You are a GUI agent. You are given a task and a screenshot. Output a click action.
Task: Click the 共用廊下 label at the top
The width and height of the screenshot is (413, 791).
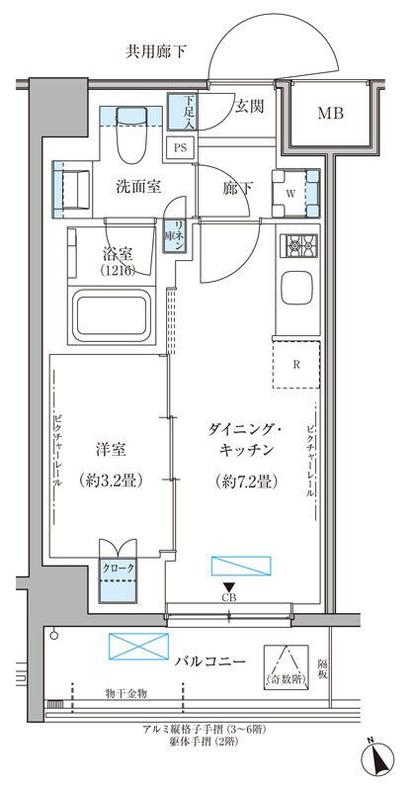pyautogui.click(x=157, y=50)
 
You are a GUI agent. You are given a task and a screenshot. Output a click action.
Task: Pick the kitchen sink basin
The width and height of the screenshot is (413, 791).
pyautogui.click(x=298, y=289)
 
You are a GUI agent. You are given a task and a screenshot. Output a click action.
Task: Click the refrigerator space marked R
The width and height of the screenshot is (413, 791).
pyautogui.click(x=296, y=361)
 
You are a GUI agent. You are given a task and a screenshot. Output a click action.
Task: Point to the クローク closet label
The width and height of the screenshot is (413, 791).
pyautogui.click(x=117, y=570)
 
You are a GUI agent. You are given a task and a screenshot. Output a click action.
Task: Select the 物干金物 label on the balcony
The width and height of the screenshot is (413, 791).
pyautogui.click(x=124, y=694)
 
